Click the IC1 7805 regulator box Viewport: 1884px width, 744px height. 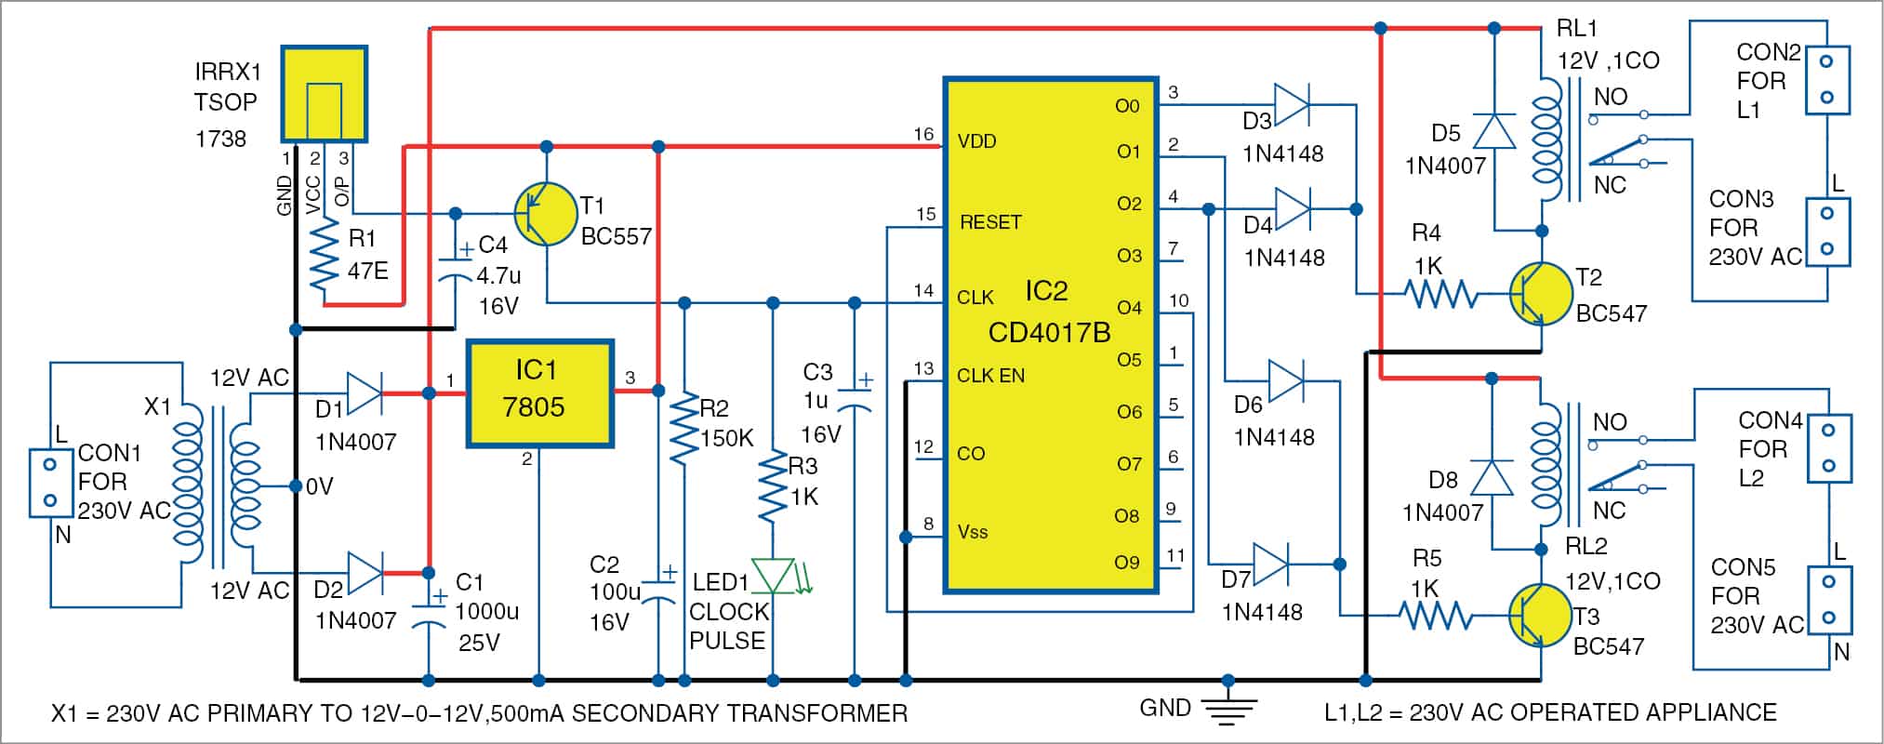coord(539,393)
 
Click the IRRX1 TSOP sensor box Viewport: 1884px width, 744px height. coord(325,94)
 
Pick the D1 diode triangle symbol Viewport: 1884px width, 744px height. coord(364,393)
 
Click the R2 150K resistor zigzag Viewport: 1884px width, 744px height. coord(684,430)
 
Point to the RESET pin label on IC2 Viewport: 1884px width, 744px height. coord(990,222)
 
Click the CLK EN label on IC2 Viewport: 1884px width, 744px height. coord(990,376)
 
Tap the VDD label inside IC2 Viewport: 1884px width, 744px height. coord(976,141)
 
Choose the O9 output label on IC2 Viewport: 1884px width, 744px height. coord(1126,562)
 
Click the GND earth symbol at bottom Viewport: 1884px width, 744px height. coord(1227,709)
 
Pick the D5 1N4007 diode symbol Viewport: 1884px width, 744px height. coord(1494,132)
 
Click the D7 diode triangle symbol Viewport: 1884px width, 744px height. coord(1270,564)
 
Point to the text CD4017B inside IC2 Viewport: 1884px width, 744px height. coord(1049,332)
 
